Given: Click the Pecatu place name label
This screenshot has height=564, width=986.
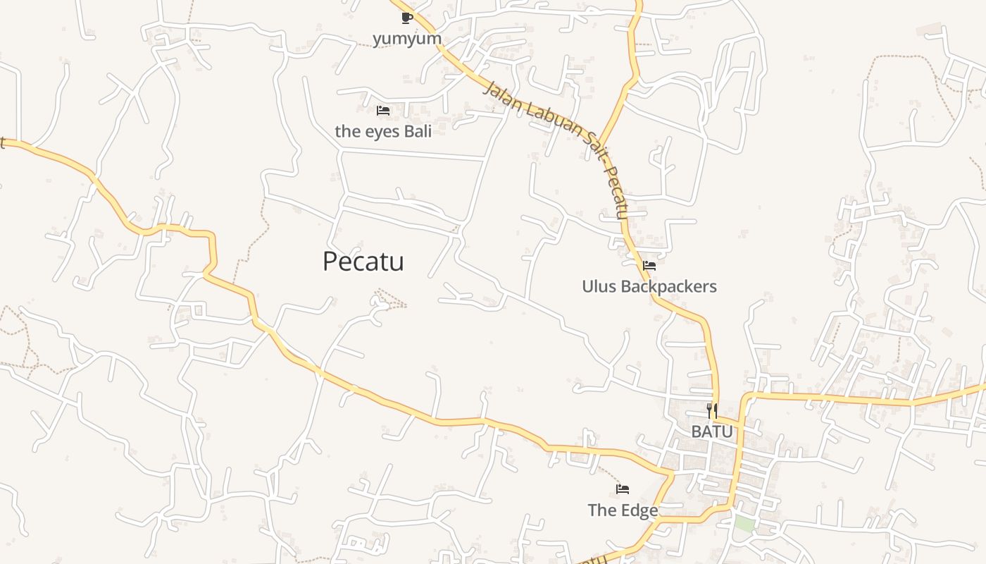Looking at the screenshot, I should coord(363,262).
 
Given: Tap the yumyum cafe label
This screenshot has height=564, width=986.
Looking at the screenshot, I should coord(407,38).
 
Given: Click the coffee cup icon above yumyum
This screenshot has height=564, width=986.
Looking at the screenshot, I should coord(406,18).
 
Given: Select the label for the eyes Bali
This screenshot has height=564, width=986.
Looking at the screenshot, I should coord(383,131).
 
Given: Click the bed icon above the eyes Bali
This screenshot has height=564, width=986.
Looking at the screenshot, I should coord(383,111).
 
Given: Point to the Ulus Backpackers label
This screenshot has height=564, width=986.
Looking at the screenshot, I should coord(649,286).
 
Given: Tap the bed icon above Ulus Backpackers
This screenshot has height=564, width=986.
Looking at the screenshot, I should coord(649,266).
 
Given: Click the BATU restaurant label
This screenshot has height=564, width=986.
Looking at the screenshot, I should coord(712,431).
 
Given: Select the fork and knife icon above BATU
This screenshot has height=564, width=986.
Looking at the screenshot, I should coord(712,410).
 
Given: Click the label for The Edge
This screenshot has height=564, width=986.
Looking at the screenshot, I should coord(623,510).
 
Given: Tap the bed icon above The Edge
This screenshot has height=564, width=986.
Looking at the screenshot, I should coord(623,489).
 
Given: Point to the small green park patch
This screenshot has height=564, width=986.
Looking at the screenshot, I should coord(744,525).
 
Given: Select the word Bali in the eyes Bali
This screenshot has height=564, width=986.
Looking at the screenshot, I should coord(417,131).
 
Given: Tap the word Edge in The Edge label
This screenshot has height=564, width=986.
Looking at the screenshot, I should coord(642,510).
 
